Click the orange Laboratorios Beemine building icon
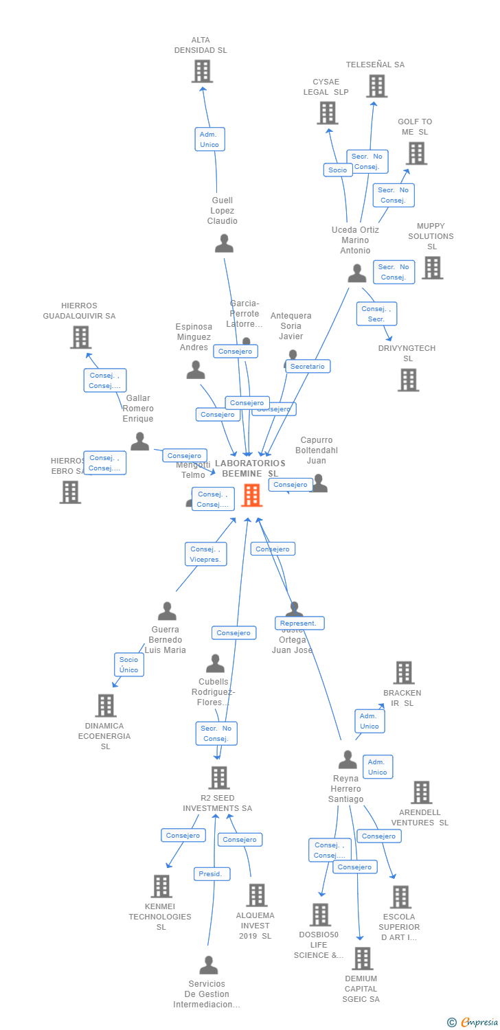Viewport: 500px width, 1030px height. coord(252,494)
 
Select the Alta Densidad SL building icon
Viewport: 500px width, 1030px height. coord(202,71)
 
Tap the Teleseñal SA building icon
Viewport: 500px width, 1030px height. coord(376,86)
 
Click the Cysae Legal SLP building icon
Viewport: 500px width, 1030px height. coord(328,113)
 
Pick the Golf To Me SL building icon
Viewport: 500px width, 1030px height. coord(416,153)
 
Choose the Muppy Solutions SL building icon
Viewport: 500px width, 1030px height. coord(432,267)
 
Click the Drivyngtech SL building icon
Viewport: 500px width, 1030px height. coord(408,380)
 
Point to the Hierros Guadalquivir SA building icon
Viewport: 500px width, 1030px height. coord(80,337)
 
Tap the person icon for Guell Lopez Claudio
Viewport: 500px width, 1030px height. coord(224,243)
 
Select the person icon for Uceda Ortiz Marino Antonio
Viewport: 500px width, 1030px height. coord(356,273)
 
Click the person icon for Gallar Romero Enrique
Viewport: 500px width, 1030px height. coord(140,441)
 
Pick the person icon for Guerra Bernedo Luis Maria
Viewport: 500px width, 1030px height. coord(167,610)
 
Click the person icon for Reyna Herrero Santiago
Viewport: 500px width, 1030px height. coord(348,759)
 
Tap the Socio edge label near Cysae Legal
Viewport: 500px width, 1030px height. coord(338,170)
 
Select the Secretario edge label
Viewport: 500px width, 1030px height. coord(308,366)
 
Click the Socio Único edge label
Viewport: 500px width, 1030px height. coord(128,664)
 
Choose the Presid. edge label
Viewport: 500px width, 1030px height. coord(212,873)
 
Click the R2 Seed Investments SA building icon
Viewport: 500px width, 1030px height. coord(219,778)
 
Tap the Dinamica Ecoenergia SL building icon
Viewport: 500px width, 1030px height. coord(106,705)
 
